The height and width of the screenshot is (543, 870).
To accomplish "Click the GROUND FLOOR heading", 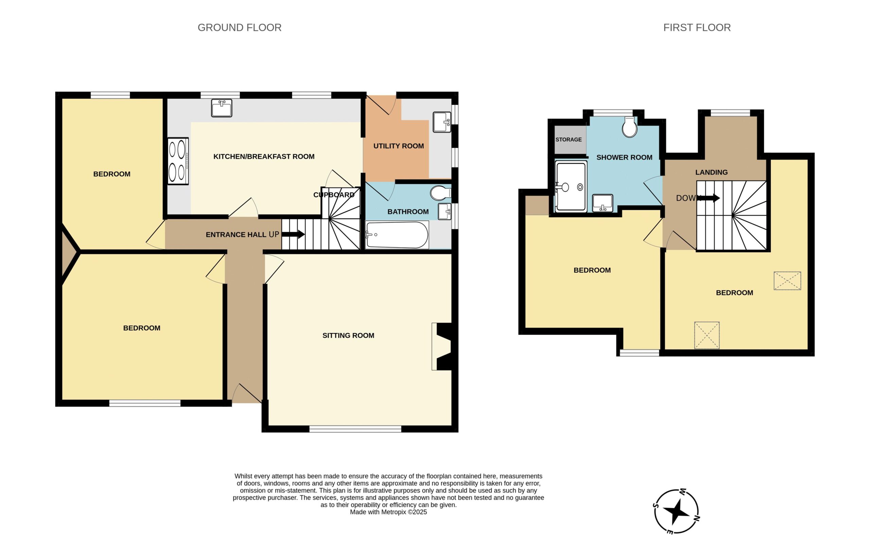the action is [x=240, y=27].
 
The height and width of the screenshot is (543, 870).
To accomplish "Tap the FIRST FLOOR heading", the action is [x=697, y=27].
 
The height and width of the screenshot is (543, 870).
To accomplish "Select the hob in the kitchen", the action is [x=178, y=161].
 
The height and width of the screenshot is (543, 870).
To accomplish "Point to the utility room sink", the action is [x=442, y=122].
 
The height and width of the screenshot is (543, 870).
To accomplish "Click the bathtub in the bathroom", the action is [x=397, y=235].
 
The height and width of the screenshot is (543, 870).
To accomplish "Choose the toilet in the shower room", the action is [x=629, y=127].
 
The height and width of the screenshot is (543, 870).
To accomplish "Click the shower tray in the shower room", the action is [x=571, y=187].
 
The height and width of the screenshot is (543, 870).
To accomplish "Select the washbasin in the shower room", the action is [x=603, y=203].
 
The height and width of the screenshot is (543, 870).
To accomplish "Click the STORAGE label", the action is [x=568, y=139].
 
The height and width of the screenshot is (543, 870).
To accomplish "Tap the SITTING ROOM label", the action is [x=348, y=335].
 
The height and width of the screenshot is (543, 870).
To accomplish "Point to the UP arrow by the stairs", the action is [x=293, y=235].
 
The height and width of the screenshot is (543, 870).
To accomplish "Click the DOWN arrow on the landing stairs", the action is [x=708, y=198].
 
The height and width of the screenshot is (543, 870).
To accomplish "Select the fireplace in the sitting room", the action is [x=443, y=347].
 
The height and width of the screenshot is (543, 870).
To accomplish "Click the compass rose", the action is [x=676, y=511].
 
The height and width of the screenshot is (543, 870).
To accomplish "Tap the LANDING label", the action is [x=711, y=172].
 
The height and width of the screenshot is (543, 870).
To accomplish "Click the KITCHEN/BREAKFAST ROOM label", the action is [x=264, y=156].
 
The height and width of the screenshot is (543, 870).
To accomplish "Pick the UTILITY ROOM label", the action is [x=398, y=146].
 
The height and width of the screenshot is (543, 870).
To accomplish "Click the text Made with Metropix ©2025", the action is [x=388, y=512].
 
